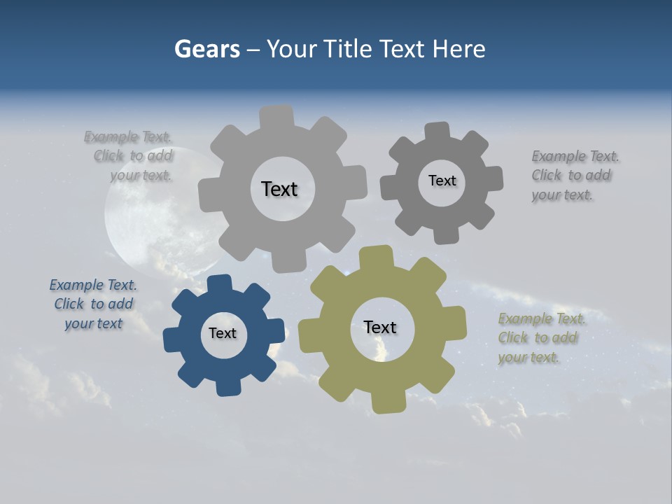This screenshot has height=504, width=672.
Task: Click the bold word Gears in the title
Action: click(x=207, y=49)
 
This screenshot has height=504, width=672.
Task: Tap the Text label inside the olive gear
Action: click(x=380, y=328)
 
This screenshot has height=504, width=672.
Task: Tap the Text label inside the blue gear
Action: click(x=223, y=333)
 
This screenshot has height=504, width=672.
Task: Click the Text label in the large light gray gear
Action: click(x=279, y=189)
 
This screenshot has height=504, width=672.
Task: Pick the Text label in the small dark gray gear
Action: click(x=442, y=181)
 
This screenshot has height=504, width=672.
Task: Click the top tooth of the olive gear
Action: click(x=376, y=258)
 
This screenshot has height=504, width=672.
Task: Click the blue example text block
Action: click(x=93, y=304)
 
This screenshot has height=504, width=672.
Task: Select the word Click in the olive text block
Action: click(x=513, y=338)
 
